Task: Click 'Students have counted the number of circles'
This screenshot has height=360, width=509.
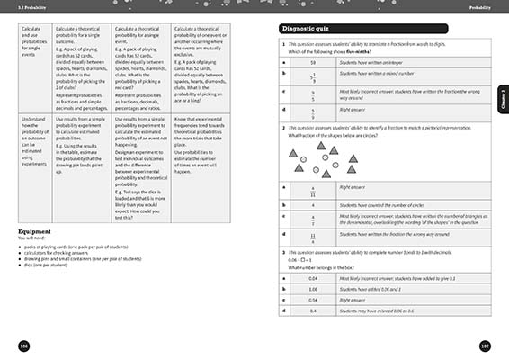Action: pyautogui.click(x=382, y=206)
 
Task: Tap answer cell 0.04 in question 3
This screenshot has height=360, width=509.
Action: pyautogui.click(x=312, y=279)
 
